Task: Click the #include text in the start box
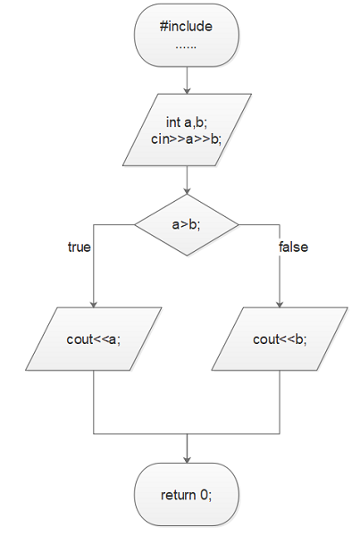pyautogui.click(x=186, y=26)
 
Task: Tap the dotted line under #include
pyautogui.click(x=186, y=47)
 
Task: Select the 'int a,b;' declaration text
pyautogui.click(x=187, y=122)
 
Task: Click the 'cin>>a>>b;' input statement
pyautogui.click(x=187, y=139)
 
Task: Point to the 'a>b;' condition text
pyautogui.click(x=187, y=224)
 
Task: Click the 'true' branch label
pyautogui.click(x=80, y=247)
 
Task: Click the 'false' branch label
pyautogui.click(x=293, y=247)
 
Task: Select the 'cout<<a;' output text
pyautogui.click(x=94, y=339)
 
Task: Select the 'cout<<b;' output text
pyautogui.click(x=280, y=339)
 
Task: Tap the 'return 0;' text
pyautogui.click(x=187, y=495)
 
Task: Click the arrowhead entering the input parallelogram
pyautogui.click(x=187, y=90)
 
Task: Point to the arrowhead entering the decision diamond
pyautogui.click(x=187, y=191)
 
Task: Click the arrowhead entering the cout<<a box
pyautogui.click(x=94, y=305)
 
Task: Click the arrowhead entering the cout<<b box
pyautogui.click(x=280, y=305)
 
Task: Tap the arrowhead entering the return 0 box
pyautogui.click(x=187, y=460)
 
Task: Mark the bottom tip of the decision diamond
pyautogui.click(x=187, y=255)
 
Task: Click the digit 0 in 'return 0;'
pyautogui.click(x=204, y=495)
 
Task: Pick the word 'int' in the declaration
pyautogui.click(x=173, y=121)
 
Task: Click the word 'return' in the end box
pyautogui.click(x=179, y=495)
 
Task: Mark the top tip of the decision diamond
pyautogui.click(x=187, y=194)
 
